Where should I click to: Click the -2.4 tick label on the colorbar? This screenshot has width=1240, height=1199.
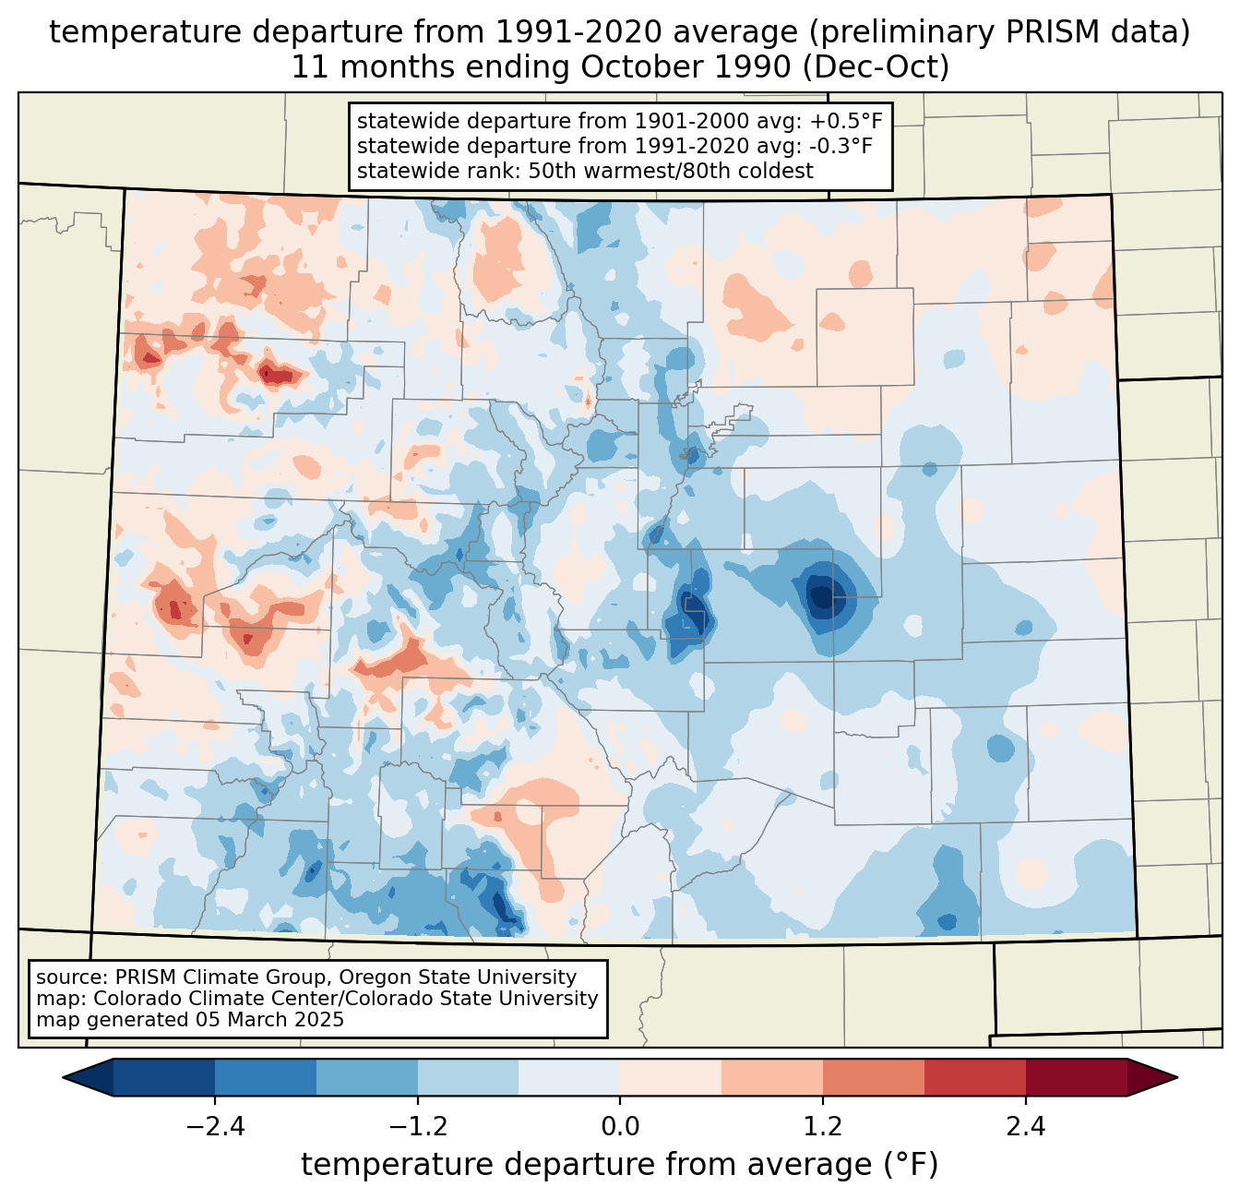pyautogui.click(x=214, y=1127)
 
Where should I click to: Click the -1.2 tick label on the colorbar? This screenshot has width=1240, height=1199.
pyautogui.click(x=417, y=1127)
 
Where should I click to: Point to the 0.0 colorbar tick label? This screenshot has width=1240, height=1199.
pyautogui.click(x=620, y=1127)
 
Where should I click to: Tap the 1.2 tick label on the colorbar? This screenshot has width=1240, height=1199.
pyautogui.click(x=823, y=1127)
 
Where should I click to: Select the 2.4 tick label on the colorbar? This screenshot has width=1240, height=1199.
pyautogui.click(x=1026, y=1127)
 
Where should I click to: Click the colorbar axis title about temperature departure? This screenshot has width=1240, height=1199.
pyautogui.click(x=620, y=1165)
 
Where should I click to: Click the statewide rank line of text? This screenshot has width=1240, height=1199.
pyautogui.click(x=585, y=171)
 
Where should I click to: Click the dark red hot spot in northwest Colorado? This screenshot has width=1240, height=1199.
pyautogui.click(x=277, y=374)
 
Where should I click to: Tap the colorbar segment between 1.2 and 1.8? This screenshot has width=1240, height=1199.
pyautogui.click(x=874, y=1077)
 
